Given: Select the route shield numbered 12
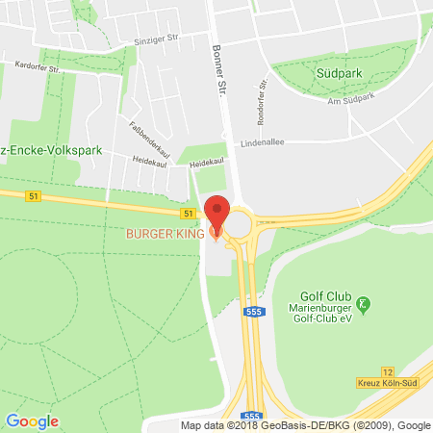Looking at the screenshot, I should (388, 371).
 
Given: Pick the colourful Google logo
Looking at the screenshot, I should (32, 421).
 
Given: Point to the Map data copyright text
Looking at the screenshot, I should (306, 425).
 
